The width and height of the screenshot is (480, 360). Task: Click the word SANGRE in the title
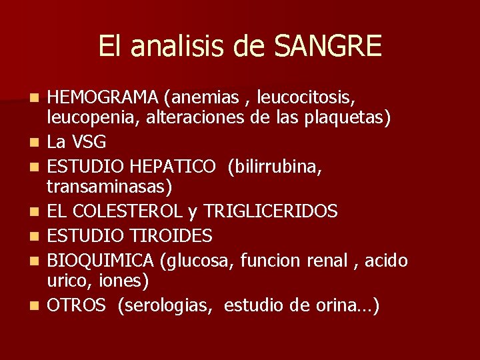tap(328, 46)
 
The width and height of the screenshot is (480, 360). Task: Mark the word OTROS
tap(77, 305)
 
